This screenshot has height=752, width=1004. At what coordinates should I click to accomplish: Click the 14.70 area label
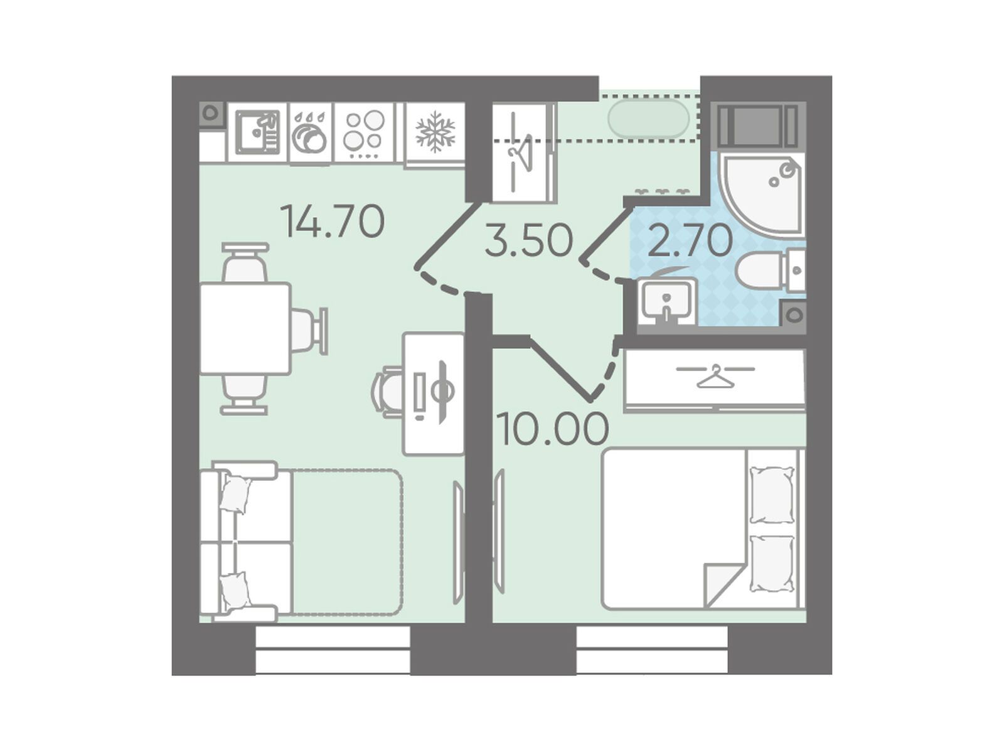[333, 222]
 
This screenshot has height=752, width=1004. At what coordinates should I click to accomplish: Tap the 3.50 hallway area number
[529, 240]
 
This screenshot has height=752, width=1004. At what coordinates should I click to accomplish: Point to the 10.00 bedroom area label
[553, 429]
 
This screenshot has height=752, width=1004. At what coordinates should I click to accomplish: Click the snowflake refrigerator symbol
[435, 131]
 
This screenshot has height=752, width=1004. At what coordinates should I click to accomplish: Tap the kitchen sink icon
[257, 132]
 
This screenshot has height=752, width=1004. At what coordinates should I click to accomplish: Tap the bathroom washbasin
[667, 302]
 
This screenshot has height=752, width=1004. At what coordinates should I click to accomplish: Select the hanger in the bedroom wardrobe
[715, 376]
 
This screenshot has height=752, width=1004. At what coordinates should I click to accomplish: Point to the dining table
[245, 328]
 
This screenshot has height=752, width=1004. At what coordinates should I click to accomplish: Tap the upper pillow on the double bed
[772, 495]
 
